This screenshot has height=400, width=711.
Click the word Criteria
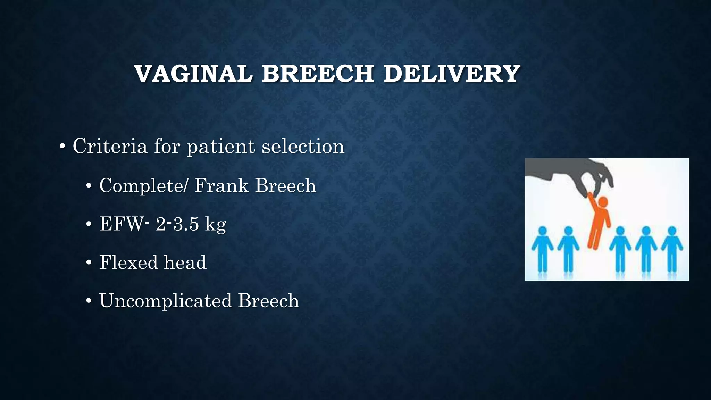pos(110,146)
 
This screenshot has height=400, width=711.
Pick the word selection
pos(303,146)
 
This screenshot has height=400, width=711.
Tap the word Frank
pos(221,185)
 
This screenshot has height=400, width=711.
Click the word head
pos(185,262)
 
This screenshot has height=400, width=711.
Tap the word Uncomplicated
pos(165,301)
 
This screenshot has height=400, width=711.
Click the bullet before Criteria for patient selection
pos(62,147)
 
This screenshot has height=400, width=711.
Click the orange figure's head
pos(603,201)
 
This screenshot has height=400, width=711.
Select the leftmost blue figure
pos(542,248)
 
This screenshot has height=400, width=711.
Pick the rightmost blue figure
pos(672,248)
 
